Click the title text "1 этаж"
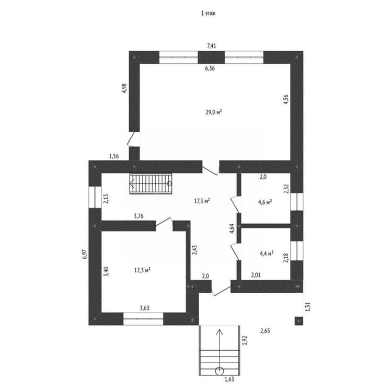[208, 14]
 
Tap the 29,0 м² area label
[214, 112]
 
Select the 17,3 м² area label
[202, 201]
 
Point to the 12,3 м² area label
[142, 270]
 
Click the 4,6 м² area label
[265, 202]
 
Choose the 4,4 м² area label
[267, 253]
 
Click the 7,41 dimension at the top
[212, 46]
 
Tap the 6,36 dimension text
[210, 68]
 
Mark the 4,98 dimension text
[124, 88]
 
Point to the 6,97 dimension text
[85, 254]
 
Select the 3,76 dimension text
[139, 216]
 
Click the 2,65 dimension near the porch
[265, 331]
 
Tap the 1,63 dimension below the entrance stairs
[229, 379]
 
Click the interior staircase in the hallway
[151, 184]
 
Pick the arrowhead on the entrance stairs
[220, 332]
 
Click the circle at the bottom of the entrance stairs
[220, 371]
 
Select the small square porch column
[299, 321]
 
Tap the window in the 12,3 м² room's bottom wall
[143, 319]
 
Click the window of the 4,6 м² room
[297, 202]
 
